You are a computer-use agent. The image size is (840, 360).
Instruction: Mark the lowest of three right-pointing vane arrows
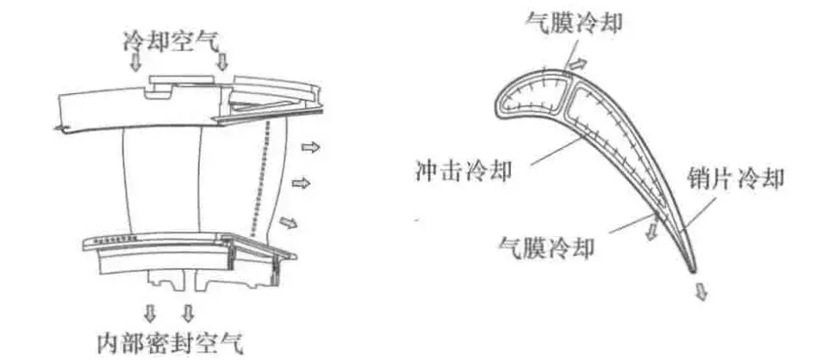pyautogui.click(x=290, y=223)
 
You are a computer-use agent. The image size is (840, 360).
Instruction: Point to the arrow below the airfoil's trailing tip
pyautogui.click(x=702, y=293)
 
